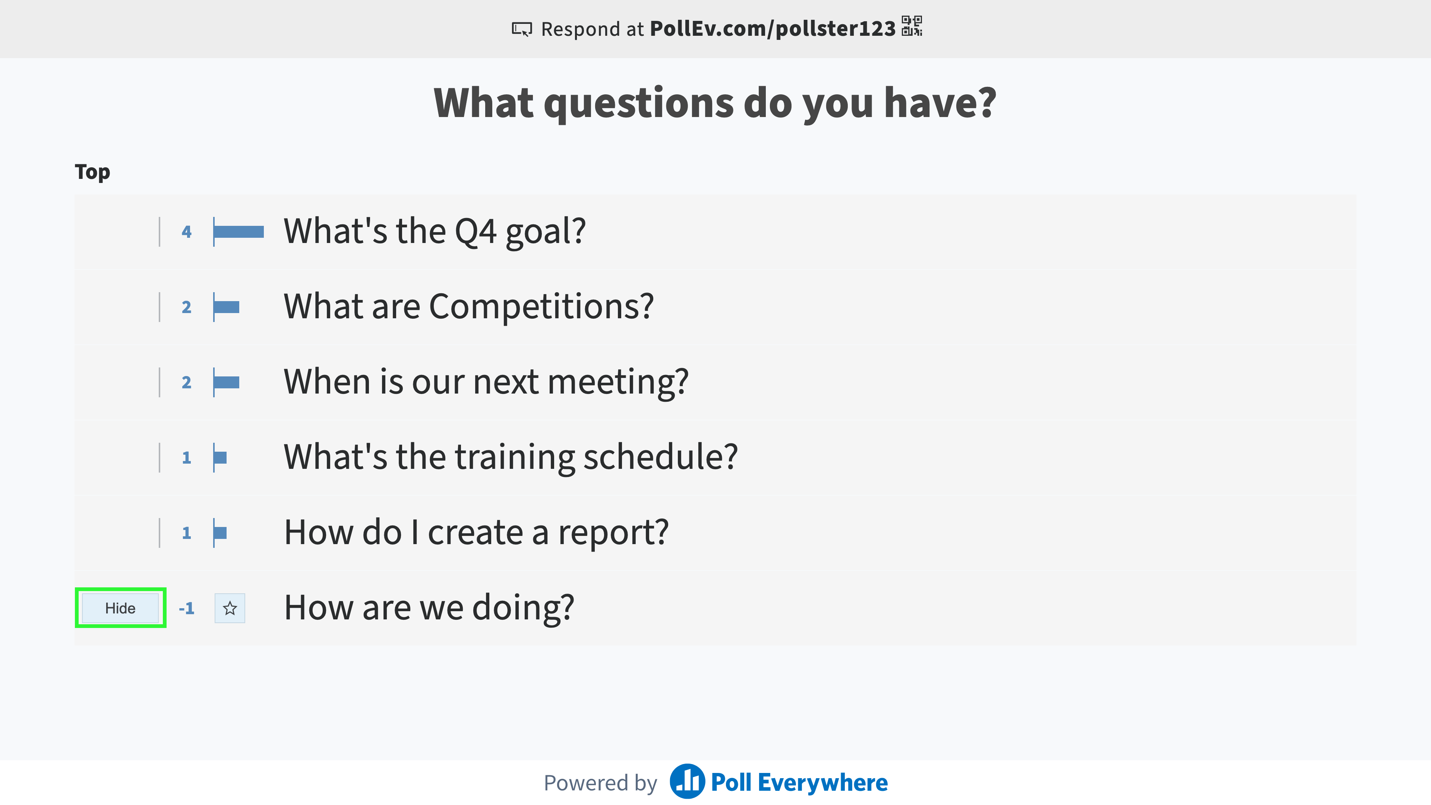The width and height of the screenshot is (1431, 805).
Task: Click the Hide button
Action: [120, 608]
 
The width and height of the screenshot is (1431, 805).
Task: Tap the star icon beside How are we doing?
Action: [230, 608]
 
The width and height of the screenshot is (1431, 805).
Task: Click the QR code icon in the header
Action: [912, 26]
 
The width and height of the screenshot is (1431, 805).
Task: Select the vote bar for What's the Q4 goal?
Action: [239, 232]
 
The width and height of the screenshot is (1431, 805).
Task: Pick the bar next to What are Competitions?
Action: [227, 307]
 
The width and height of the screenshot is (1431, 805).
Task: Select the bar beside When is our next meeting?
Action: [227, 382]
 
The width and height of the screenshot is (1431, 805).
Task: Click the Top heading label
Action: [92, 172]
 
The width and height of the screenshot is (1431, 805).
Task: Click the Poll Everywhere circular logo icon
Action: [687, 781]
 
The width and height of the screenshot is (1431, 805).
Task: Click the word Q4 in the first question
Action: [476, 232]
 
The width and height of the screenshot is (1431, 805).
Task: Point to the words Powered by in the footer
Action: [600, 782]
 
